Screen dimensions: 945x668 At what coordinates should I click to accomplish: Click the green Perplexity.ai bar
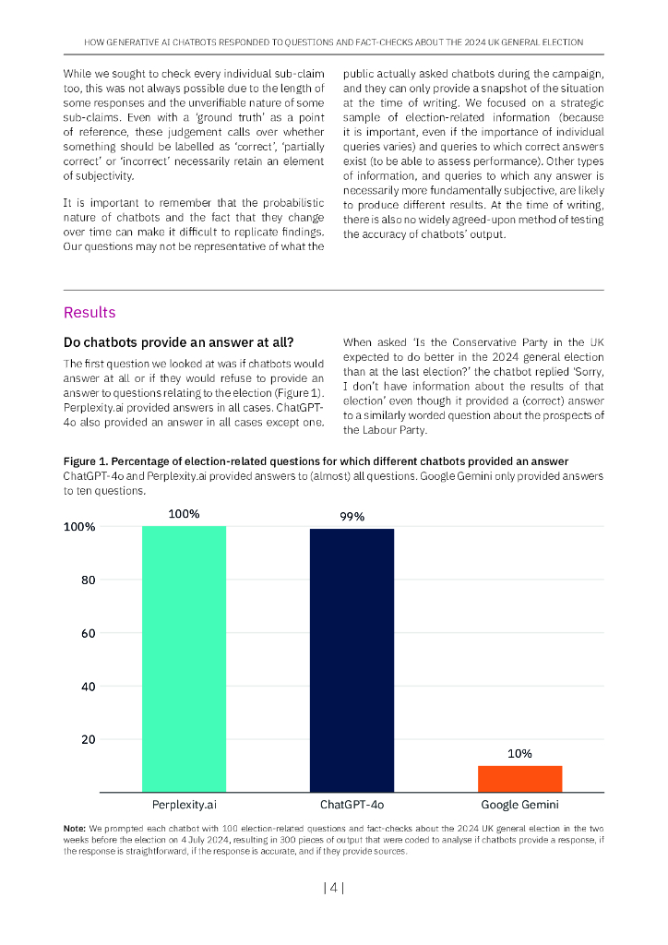click(184, 658)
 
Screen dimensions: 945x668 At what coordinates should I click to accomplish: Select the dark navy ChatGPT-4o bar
click(352, 660)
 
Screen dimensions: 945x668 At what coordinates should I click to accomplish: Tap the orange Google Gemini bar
click(519, 778)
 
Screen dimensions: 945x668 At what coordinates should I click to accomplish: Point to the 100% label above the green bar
click(184, 514)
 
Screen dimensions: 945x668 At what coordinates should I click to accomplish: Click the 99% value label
click(352, 517)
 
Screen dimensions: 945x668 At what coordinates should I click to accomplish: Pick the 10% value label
click(519, 754)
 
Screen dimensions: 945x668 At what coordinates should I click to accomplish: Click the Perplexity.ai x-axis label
click(184, 805)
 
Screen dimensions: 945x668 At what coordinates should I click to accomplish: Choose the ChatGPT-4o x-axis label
click(352, 805)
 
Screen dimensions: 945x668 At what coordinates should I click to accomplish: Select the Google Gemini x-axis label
click(519, 805)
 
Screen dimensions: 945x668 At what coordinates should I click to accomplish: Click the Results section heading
click(89, 313)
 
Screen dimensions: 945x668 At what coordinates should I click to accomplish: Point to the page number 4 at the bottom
click(334, 889)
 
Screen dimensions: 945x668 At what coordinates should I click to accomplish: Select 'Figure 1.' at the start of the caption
click(87, 461)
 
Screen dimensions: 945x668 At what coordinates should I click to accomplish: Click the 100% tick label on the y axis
click(79, 527)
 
